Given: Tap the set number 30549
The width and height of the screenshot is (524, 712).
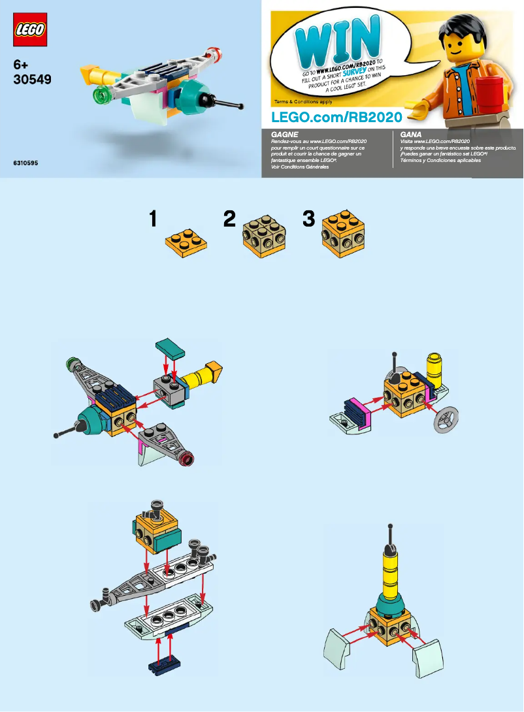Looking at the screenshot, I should click(x=32, y=79).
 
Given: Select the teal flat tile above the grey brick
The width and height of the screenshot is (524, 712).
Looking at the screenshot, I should click(x=171, y=346).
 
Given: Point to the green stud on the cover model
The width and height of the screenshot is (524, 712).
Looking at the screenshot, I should click(x=100, y=96).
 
